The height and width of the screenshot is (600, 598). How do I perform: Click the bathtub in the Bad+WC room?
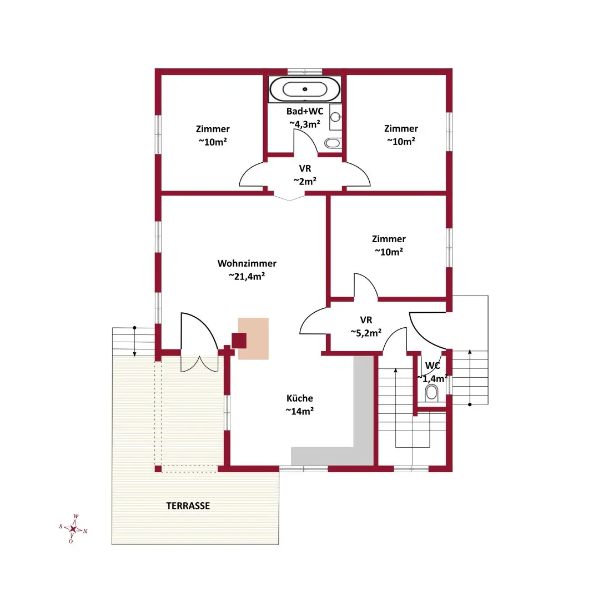coord(305,89)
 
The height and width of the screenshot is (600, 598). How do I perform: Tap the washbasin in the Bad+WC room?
coord(335,117)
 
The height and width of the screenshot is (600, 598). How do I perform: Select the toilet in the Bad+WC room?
coord(333,143)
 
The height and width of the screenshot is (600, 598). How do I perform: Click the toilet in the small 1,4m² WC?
coord(431,393)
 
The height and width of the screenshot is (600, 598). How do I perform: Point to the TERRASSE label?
coord(188,506)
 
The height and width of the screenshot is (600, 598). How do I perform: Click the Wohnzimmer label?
coord(247,263)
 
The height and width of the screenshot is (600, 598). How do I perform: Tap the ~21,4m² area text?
coord(247,276)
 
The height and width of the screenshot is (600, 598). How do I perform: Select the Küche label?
coord(299,398)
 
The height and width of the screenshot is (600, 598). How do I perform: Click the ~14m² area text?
coord(299,411)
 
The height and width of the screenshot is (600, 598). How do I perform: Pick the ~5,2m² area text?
coord(366,333)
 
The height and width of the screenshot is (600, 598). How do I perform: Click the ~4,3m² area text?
coord(304,124)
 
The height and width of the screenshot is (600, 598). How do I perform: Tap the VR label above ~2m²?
coord(305,168)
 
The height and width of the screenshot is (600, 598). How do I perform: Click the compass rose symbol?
coord(73,529)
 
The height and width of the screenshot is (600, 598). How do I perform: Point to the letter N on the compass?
coord(86,531)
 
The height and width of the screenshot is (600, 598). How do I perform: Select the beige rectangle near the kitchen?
coord(253,339)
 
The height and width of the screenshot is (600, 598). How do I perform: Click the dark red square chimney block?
coord(239,341)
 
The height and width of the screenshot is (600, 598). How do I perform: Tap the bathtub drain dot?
coord(305,89)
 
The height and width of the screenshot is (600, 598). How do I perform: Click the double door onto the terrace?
coord(199,342)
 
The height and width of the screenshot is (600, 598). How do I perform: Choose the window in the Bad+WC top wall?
coord(305,72)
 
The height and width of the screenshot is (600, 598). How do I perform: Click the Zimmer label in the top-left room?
coord(213,129)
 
